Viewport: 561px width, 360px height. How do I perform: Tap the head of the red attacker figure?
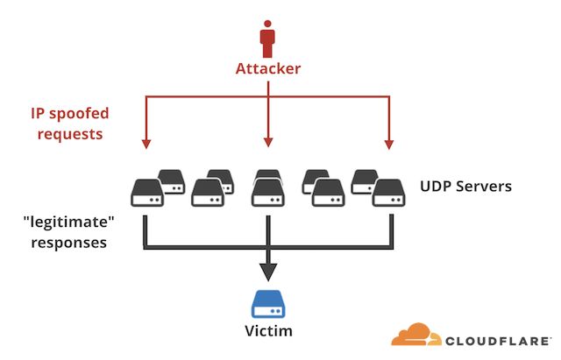[x=267, y=26]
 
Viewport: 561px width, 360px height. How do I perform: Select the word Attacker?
[x=267, y=68]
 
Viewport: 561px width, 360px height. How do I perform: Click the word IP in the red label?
[x=39, y=112]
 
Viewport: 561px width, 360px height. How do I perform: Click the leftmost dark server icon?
[x=146, y=192]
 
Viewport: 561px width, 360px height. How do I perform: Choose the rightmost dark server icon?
[x=388, y=192]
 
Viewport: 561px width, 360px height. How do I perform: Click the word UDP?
[x=438, y=187]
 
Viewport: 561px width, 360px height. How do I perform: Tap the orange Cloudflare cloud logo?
[x=416, y=335]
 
